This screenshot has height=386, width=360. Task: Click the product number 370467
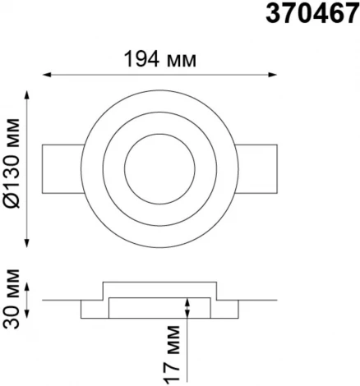(x=312, y=13)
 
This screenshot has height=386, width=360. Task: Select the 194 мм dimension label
(x=160, y=59)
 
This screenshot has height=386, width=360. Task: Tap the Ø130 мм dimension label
(x=12, y=163)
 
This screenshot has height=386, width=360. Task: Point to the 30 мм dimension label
(x=12, y=299)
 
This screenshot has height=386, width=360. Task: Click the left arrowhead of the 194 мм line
(x=47, y=75)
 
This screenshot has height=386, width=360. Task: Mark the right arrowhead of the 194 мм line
(x=273, y=75)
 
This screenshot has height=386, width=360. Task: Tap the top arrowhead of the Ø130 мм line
(x=26, y=94)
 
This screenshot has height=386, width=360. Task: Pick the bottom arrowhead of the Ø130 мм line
(x=26, y=243)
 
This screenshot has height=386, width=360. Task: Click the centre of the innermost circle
(x=159, y=169)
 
